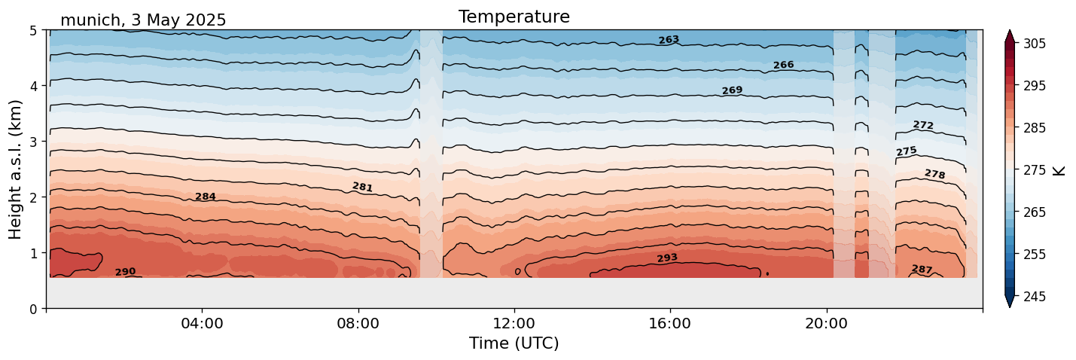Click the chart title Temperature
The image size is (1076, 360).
514,17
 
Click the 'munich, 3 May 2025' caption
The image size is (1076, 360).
143,20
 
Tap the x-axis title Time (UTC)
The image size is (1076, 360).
514,343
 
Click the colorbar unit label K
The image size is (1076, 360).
1060,170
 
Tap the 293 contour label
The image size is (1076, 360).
667,258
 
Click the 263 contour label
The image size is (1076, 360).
669,40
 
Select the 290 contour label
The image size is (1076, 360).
125,272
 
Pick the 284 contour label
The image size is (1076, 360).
206,197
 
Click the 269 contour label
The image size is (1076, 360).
732,91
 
